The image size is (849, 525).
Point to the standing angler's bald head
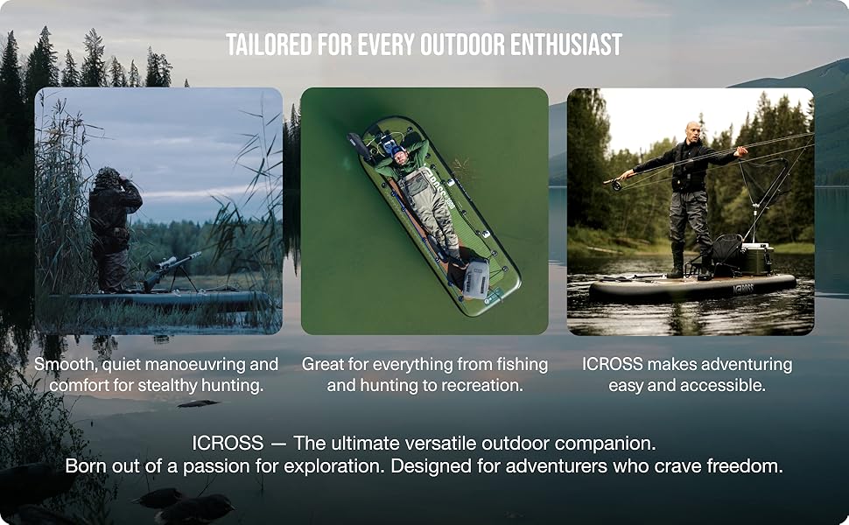point(694,130)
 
